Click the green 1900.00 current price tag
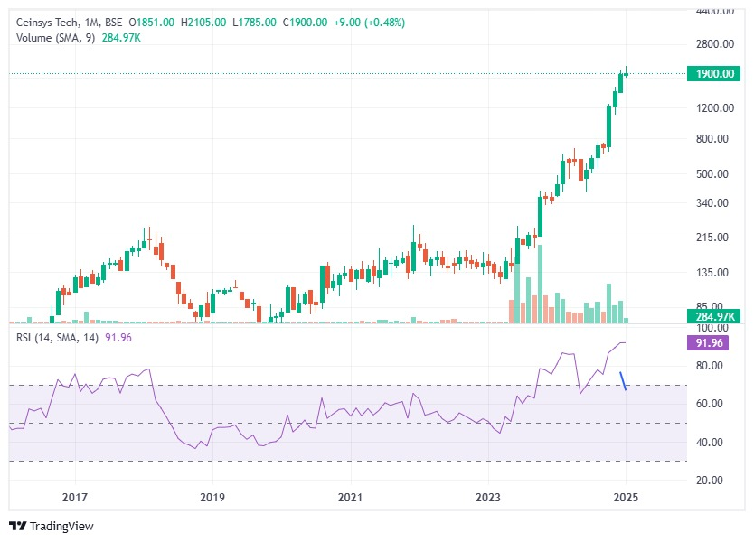tap(713, 74)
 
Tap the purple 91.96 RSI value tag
tap(713, 342)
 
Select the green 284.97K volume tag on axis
tap(713, 316)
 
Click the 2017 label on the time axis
tap(75, 498)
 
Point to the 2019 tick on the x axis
tap(212, 498)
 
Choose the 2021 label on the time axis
tap(350, 498)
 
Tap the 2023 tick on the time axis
tap(488, 498)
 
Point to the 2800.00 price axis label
tap(714, 43)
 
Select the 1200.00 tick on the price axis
tap(714, 108)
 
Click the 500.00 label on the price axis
tap(714, 173)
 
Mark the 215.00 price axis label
tap(714, 238)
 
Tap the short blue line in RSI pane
tap(623, 380)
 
